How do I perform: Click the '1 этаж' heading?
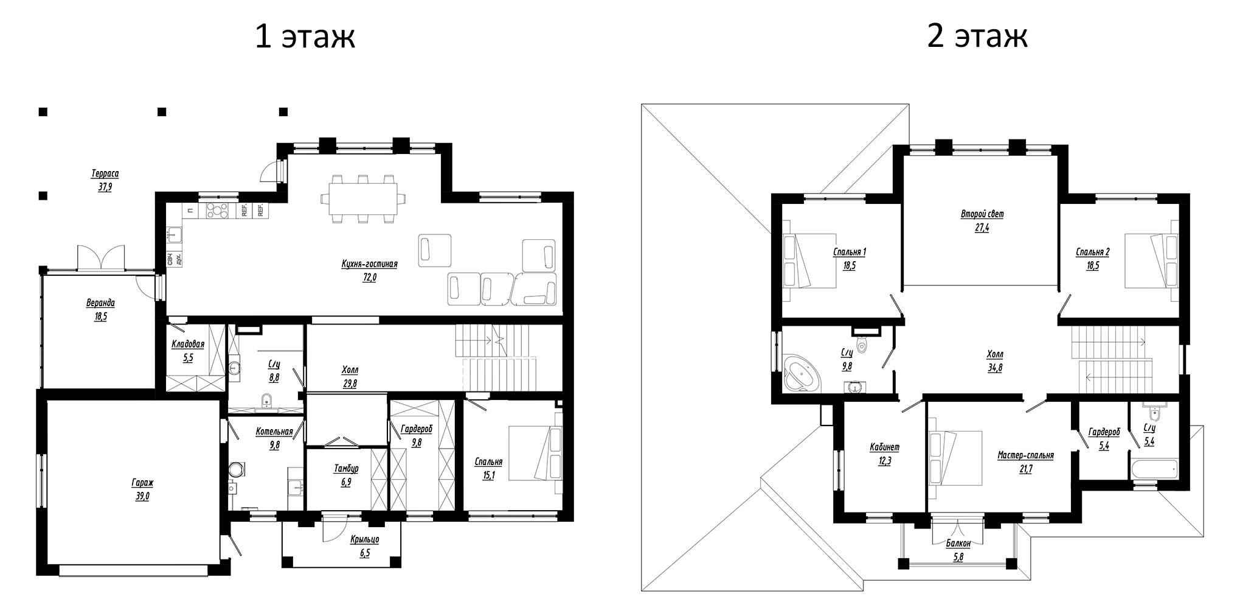coord(305,37)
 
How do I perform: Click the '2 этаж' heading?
coord(977,37)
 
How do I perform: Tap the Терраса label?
coord(105,173)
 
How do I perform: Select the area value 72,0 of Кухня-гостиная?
coord(369,278)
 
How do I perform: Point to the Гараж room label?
coord(142,483)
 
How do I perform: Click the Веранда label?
coord(100,303)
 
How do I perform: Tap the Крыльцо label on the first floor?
coord(364,539)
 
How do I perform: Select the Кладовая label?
coord(187,344)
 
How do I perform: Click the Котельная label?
coord(274,431)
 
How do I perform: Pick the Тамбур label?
coord(346,468)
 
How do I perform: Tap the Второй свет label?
coord(982,214)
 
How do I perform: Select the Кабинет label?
coord(884,447)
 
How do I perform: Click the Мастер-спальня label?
coord(1025,455)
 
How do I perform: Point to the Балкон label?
coord(958,544)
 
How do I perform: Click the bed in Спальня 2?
coord(1149,261)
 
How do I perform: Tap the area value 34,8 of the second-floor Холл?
coord(995,368)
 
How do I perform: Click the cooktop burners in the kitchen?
coord(218,211)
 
